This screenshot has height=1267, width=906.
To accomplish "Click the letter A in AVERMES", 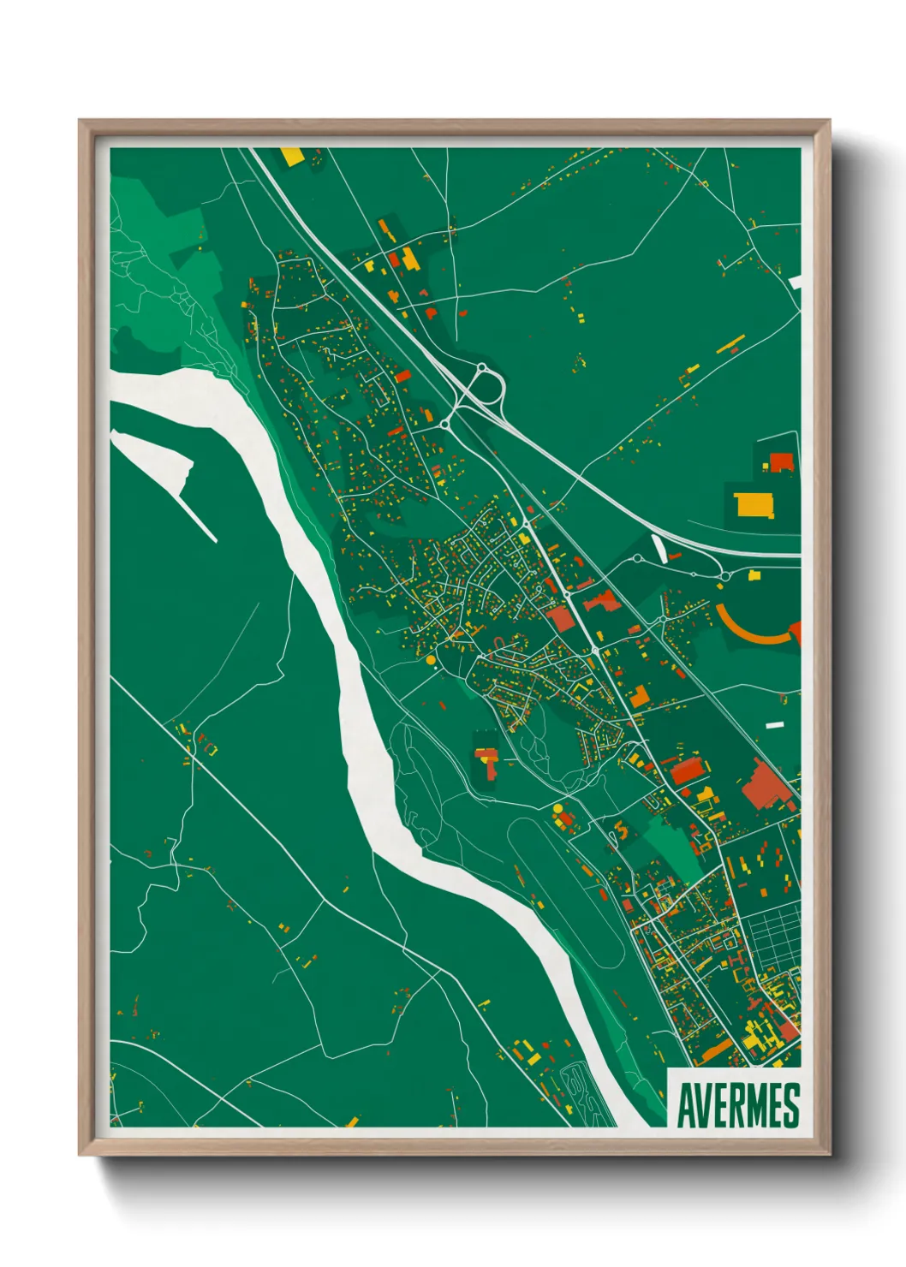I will coord(687,1106).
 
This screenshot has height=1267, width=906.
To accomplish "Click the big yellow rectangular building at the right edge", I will coord(753,505).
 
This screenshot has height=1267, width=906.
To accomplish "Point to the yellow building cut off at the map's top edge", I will coord(292,157).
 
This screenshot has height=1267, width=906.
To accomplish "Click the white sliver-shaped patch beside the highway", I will coord(660,548).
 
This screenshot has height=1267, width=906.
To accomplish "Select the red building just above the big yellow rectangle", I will coord(781,462).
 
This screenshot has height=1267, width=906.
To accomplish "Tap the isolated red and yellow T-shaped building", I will coord(487,760).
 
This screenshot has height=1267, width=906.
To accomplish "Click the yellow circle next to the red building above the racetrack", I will coord(557,808).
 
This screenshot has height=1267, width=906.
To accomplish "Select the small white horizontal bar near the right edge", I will coord(774,725).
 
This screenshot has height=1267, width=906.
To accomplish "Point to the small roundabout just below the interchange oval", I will coord(445,423).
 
